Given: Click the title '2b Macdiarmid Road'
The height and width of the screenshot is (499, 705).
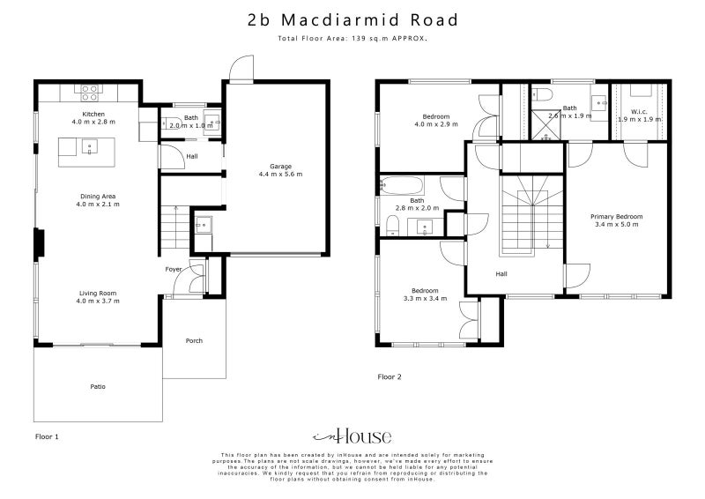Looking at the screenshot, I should (x=352, y=19).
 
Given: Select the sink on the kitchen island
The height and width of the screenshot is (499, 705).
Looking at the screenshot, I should (x=87, y=147).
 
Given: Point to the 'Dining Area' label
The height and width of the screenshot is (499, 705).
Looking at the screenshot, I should (x=97, y=196).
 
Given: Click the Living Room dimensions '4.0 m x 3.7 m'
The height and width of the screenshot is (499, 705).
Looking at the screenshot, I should (x=97, y=302).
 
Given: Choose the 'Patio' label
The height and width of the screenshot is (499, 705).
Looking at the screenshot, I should (x=97, y=386).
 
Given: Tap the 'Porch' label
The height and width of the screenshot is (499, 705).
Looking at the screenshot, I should (x=194, y=340).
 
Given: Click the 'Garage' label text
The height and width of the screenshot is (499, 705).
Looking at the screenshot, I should (x=280, y=166).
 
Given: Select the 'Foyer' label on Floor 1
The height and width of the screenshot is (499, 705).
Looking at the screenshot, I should (x=174, y=269).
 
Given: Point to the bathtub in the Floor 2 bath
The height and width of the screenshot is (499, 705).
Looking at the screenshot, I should (x=402, y=186).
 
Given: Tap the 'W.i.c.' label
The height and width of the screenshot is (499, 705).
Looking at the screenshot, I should (x=639, y=111).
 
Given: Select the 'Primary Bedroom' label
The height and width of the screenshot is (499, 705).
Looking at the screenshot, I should (x=618, y=216).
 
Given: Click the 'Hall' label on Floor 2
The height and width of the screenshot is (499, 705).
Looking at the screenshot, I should (x=501, y=274).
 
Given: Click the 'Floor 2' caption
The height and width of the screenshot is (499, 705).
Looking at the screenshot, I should (x=390, y=376).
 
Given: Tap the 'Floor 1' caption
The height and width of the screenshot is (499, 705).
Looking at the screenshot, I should (x=47, y=436).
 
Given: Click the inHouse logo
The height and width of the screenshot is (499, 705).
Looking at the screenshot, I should (x=352, y=436).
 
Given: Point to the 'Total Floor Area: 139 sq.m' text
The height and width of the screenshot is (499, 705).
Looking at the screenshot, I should (x=352, y=40).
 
